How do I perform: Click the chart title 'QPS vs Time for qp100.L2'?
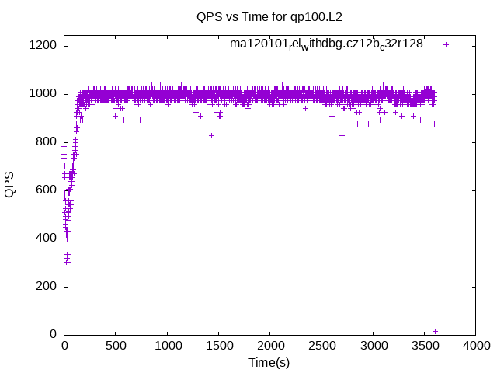tap(269, 16)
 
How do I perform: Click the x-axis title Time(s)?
tap(269, 363)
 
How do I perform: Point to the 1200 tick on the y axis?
tap(43, 46)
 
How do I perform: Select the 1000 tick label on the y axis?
tap(43, 94)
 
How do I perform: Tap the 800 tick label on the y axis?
tap(46, 142)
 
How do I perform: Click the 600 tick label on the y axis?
tap(46, 190)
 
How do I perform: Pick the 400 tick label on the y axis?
tap(46, 239)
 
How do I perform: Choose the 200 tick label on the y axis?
tap(46, 287)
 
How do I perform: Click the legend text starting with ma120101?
tap(326, 44)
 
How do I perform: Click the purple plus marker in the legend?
tap(446, 44)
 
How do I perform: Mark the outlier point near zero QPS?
tap(435, 331)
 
